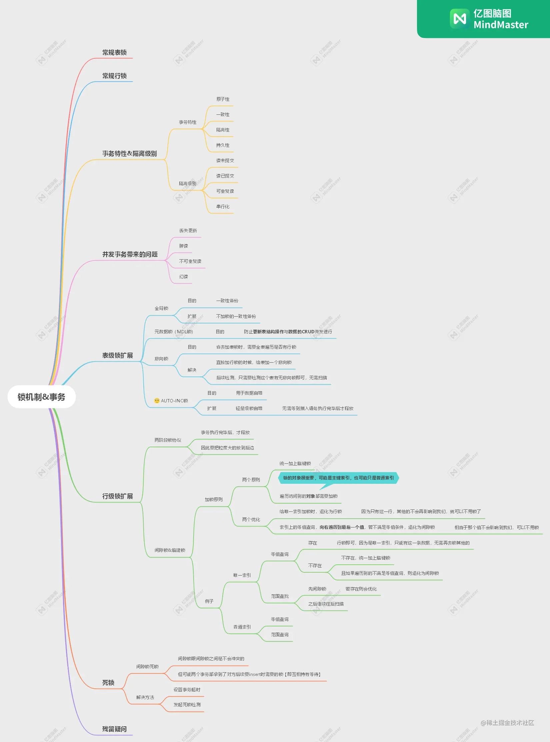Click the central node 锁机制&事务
click(41, 397)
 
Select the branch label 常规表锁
click(114, 52)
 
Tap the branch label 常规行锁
click(114, 76)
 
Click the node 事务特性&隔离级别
click(129, 153)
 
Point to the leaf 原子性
click(223, 99)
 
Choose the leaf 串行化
click(223, 207)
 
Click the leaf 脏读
click(183, 246)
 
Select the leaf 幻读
click(183, 277)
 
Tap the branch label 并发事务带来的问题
click(130, 254)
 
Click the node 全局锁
click(161, 308)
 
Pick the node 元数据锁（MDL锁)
click(174, 332)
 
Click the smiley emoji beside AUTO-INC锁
click(157, 400)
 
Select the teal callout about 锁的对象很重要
click(338, 478)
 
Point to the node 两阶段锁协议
click(168, 440)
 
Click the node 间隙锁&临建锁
click(170, 550)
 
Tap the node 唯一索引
click(242, 575)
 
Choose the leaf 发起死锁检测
click(187, 705)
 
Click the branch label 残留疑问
click(114, 729)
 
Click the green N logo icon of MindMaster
click(460, 19)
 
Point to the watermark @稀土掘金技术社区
click(507, 723)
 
